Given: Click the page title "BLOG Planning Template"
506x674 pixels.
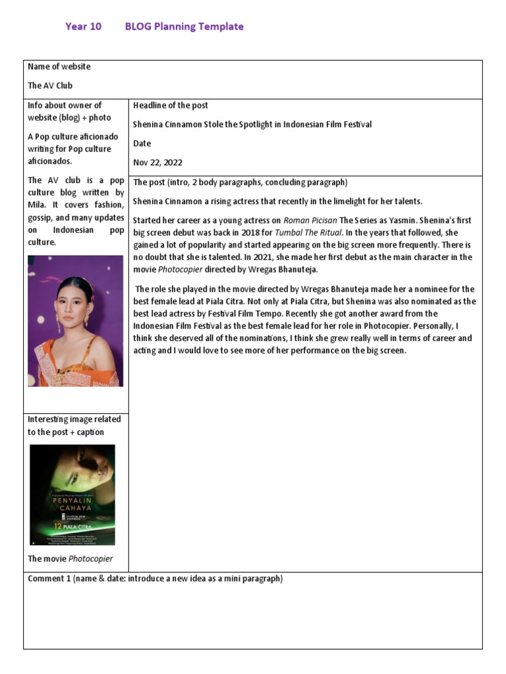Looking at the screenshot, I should (184, 27).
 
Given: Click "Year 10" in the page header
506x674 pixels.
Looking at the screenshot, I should (83, 27).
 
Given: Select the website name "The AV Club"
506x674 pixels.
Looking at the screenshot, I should (50, 86).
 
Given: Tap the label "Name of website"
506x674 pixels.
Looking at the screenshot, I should (59, 66).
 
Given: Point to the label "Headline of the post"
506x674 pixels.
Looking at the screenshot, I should (171, 105).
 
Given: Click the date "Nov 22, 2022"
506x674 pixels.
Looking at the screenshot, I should (157, 163).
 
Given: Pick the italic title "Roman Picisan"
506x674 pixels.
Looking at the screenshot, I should (310, 220).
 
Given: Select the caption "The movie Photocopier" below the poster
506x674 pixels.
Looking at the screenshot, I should (70, 559).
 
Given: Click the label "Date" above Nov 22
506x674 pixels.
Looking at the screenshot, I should (142, 143).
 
